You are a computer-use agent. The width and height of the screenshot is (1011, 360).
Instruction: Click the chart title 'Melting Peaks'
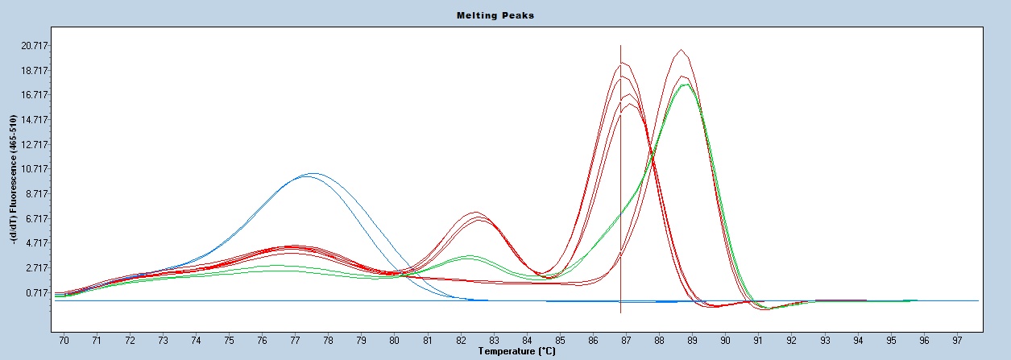(x=495, y=15)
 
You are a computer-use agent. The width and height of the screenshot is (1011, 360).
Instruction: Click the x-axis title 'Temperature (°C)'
(x=517, y=351)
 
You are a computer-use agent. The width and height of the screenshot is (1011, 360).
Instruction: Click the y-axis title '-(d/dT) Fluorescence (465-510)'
(x=14, y=180)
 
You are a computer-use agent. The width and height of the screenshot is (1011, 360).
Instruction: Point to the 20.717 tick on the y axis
(x=35, y=46)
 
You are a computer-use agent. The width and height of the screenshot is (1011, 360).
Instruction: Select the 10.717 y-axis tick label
(x=35, y=168)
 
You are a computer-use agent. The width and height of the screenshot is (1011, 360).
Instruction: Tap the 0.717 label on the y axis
(x=37, y=293)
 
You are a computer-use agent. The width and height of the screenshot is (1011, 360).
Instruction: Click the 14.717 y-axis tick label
(x=35, y=119)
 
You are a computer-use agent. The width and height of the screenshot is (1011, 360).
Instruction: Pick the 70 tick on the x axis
(x=64, y=341)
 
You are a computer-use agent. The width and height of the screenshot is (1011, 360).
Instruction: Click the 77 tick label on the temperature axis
(x=295, y=341)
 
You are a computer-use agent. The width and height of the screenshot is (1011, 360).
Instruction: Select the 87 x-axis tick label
(x=626, y=341)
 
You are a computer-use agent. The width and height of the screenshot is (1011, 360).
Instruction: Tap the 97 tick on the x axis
(x=957, y=341)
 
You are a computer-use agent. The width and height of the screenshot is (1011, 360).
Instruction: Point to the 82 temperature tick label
(x=460, y=341)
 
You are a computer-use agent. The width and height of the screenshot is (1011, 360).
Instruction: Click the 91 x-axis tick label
(x=758, y=341)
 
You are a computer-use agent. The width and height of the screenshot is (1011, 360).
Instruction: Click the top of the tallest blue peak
(x=313, y=173)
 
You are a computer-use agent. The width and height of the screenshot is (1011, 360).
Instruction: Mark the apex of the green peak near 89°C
(x=687, y=85)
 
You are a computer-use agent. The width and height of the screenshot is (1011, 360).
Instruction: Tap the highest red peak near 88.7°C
(x=681, y=50)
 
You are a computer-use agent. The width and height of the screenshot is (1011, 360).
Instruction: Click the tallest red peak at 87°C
(x=623, y=63)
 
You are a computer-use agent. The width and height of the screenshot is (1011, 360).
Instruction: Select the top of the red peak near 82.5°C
(x=476, y=212)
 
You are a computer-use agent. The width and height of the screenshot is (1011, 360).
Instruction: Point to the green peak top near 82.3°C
(x=470, y=256)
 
